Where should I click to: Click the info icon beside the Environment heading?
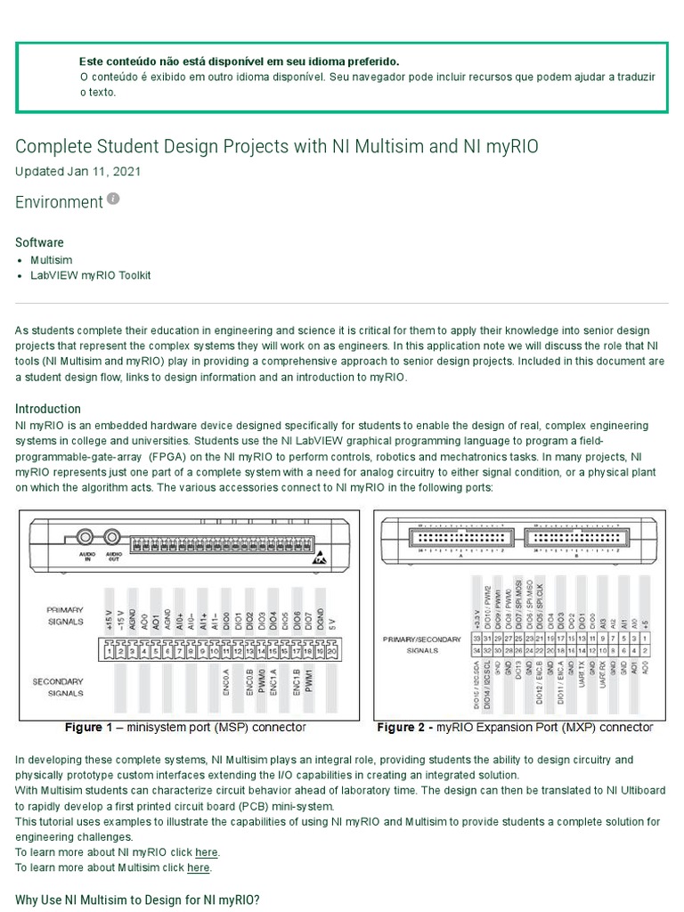pos(113,199)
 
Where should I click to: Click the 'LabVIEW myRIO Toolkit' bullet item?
pos(90,275)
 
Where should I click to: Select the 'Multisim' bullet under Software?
pos(51,259)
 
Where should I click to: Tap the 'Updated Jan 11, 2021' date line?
pos(77,171)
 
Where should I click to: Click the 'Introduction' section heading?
pos(48,409)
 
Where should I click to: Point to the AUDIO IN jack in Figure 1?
pos(86,538)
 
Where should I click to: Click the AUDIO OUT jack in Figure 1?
pos(113,538)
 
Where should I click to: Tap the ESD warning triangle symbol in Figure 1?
pos(318,560)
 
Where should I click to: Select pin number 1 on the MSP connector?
pos(109,652)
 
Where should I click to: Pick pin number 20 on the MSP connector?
pos(331,652)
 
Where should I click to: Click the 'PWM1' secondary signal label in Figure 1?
pos(309,682)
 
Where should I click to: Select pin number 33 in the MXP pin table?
pos(476,638)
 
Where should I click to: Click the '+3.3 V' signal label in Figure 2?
pos(476,614)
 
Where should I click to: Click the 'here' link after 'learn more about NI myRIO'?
pos(207,852)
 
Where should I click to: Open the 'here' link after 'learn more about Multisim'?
pos(199,867)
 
